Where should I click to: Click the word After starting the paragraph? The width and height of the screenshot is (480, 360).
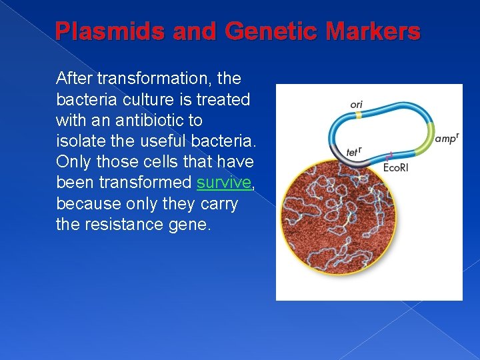[74, 79]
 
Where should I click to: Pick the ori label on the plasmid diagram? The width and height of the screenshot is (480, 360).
[356, 105]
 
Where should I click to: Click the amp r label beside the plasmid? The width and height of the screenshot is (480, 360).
[446, 139]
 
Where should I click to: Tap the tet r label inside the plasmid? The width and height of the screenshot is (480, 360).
[353, 151]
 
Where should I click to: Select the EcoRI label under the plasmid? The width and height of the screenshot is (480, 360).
[396, 167]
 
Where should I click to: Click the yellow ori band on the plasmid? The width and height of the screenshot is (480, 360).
[358, 115]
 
